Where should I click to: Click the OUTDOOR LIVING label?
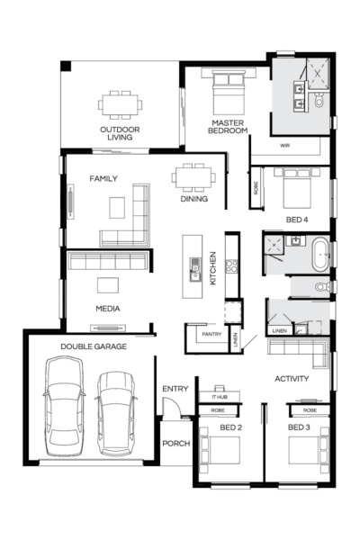(x=120, y=134)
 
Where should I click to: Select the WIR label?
(x=285, y=144)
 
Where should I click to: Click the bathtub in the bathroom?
(x=320, y=255)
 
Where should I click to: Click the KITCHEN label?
(x=213, y=267)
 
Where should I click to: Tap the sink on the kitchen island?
(x=193, y=266)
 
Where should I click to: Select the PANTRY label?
(x=212, y=335)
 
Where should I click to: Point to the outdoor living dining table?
(x=120, y=103)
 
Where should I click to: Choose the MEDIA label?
(x=109, y=309)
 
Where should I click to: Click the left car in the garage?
(x=67, y=405)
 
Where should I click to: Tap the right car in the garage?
(x=115, y=411)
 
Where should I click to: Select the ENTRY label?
(x=175, y=389)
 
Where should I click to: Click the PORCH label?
(x=175, y=445)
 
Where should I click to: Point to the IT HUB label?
(x=220, y=397)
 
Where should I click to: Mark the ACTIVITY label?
(x=292, y=379)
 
